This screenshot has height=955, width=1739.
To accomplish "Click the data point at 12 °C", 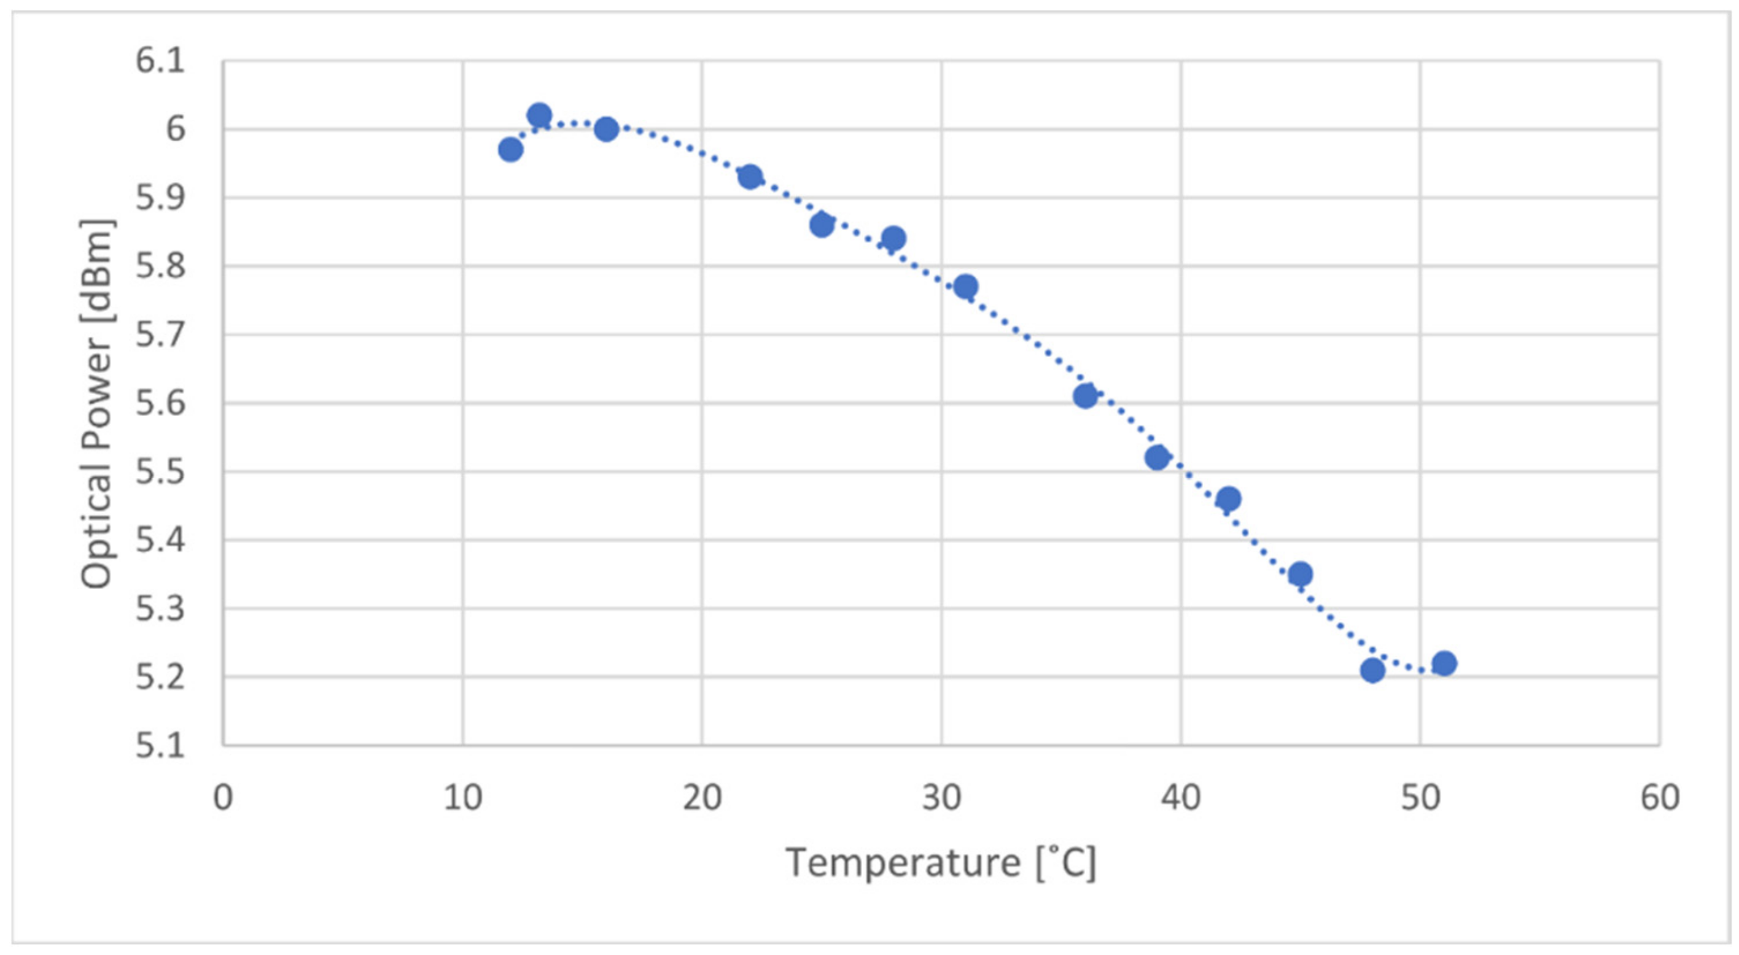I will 510,149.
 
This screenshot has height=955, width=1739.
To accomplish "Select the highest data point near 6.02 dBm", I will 539,115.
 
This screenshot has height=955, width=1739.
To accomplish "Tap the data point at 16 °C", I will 606,129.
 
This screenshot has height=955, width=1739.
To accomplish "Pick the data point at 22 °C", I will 750,177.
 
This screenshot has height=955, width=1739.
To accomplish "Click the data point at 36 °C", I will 1085,396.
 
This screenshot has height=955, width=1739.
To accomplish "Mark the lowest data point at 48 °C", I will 1372,670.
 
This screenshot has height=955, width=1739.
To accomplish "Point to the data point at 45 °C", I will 1300,574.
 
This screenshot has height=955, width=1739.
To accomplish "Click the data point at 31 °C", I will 965,287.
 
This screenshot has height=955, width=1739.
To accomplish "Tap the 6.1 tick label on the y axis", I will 160,61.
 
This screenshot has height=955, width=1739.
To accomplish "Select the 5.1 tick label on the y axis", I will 160,746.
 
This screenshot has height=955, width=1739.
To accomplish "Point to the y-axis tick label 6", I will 176,130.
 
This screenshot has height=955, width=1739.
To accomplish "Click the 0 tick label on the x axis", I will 223,798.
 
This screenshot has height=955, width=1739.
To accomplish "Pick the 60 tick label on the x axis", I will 1659,798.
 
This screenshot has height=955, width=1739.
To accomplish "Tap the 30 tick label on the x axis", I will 941,798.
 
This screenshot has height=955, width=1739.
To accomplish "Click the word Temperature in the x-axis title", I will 903,862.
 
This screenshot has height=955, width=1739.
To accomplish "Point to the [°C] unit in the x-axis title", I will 1066,862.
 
